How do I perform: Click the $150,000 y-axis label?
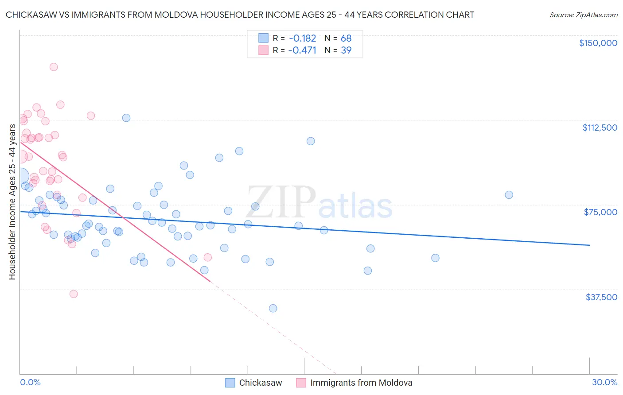[x=598, y=43]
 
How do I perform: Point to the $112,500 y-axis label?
[x=600, y=128]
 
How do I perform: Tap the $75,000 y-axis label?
[x=600, y=212]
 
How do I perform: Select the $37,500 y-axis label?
[x=601, y=297]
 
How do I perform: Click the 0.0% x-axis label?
[x=30, y=382]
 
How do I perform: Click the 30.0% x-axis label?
[x=604, y=382]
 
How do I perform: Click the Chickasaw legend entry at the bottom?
[x=260, y=383]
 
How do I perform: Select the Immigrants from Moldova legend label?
[x=361, y=383]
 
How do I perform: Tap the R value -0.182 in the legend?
[x=302, y=38]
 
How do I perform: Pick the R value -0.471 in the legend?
[x=302, y=50]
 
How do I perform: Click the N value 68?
[x=346, y=38]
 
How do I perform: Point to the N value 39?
[x=346, y=50]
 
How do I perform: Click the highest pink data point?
[x=54, y=67]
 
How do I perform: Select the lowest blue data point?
[x=273, y=308]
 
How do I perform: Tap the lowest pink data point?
[x=74, y=294]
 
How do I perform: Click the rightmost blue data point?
[x=509, y=195]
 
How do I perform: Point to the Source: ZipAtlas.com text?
[x=583, y=15]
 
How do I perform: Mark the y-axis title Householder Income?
[x=12, y=201]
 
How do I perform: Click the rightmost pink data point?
[x=207, y=257]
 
